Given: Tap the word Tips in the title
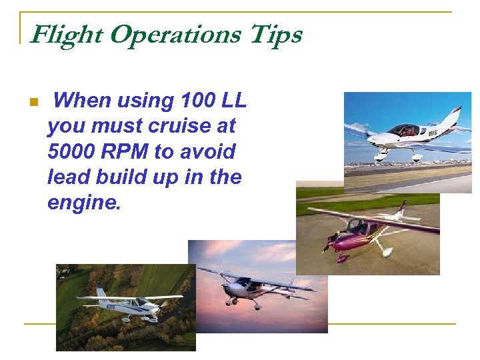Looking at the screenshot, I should pos(275,35).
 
